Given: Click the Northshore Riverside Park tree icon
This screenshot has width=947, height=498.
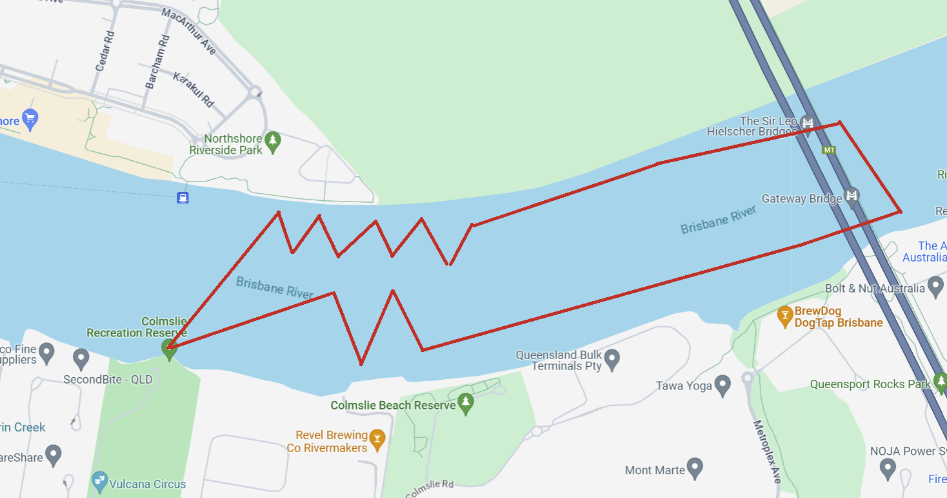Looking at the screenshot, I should (273, 143).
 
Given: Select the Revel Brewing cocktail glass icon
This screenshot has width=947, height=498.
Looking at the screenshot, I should (377, 439).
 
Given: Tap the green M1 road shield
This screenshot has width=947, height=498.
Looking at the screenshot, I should (829, 150).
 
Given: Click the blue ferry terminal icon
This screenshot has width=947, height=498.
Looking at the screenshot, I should (183, 198).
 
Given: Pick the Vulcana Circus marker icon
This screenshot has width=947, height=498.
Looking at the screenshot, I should (99, 481).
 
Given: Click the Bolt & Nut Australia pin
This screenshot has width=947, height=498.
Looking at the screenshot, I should (935, 286).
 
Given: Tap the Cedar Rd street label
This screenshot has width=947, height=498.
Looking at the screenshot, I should (104, 50).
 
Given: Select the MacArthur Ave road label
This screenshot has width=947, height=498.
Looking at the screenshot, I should (189, 31).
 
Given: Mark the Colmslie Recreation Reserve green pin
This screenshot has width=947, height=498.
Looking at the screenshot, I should (169, 349).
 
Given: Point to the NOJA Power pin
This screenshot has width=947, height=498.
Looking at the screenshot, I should (888, 466).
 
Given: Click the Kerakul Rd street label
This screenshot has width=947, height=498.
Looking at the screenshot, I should (193, 89).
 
